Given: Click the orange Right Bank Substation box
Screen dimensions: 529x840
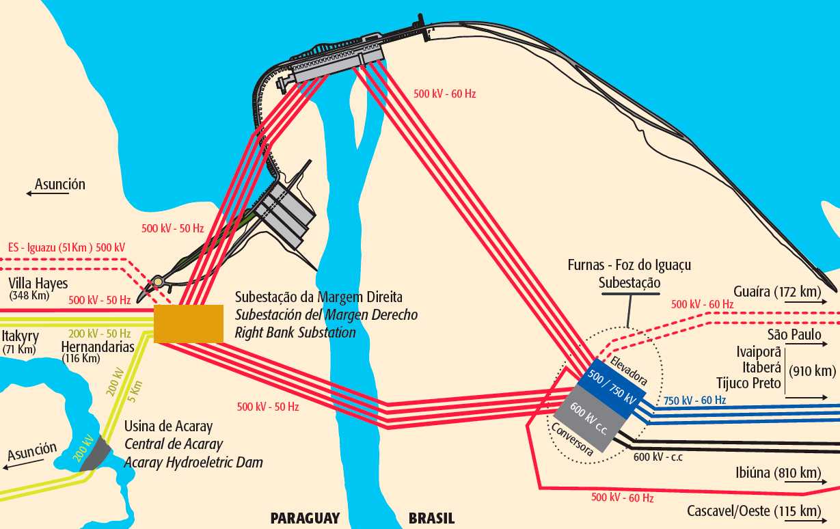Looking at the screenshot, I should (x=188, y=323).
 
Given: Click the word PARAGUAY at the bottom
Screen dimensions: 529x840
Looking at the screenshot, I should (x=305, y=518).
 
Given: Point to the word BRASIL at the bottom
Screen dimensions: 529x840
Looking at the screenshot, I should (x=431, y=518).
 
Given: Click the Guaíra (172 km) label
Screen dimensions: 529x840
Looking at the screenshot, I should (x=777, y=293).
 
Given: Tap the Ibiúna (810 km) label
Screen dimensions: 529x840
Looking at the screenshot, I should (x=778, y=473).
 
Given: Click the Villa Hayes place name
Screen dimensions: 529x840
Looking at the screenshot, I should (x=38, y=284).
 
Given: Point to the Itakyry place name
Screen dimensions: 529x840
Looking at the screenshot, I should (x=20, y=336).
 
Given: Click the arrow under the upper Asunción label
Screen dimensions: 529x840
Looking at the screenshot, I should (x=48, y=194).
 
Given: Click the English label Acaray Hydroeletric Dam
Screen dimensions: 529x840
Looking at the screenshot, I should (x=193, y=463).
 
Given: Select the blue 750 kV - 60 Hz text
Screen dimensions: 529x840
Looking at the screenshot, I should (x=694, y=401).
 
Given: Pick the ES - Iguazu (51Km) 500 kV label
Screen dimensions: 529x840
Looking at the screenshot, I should (x=66, y=247).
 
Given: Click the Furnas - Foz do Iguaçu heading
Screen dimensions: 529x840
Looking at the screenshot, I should (x=629, y=265).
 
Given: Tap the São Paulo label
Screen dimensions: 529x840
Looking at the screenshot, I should (x=794, y=336).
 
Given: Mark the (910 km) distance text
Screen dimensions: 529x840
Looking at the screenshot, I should (x=812, y=372).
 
